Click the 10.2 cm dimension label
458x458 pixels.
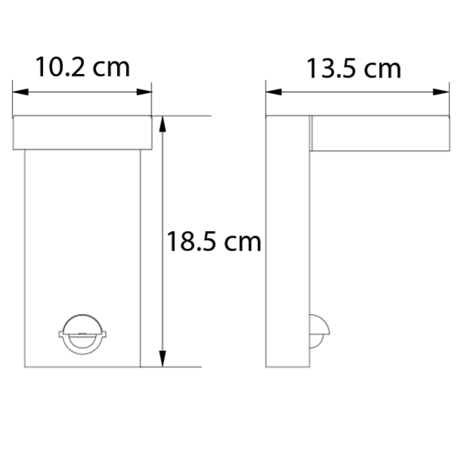[x=82, y=68]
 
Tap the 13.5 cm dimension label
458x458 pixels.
[x=354, y=69]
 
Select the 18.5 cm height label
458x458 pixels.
[x=213, y=242]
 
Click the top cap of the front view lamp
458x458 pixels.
[x=82, y=133]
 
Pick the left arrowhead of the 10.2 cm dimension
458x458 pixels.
[x=18, y=92]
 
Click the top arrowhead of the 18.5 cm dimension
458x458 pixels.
[x=163, y=121]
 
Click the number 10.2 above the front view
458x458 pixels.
[x=60, y=68]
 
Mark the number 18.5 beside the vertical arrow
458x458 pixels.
[x=191, y=242]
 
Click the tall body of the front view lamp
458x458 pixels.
[x=82, y=233]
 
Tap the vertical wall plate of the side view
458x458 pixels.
[x=287, y=240]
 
